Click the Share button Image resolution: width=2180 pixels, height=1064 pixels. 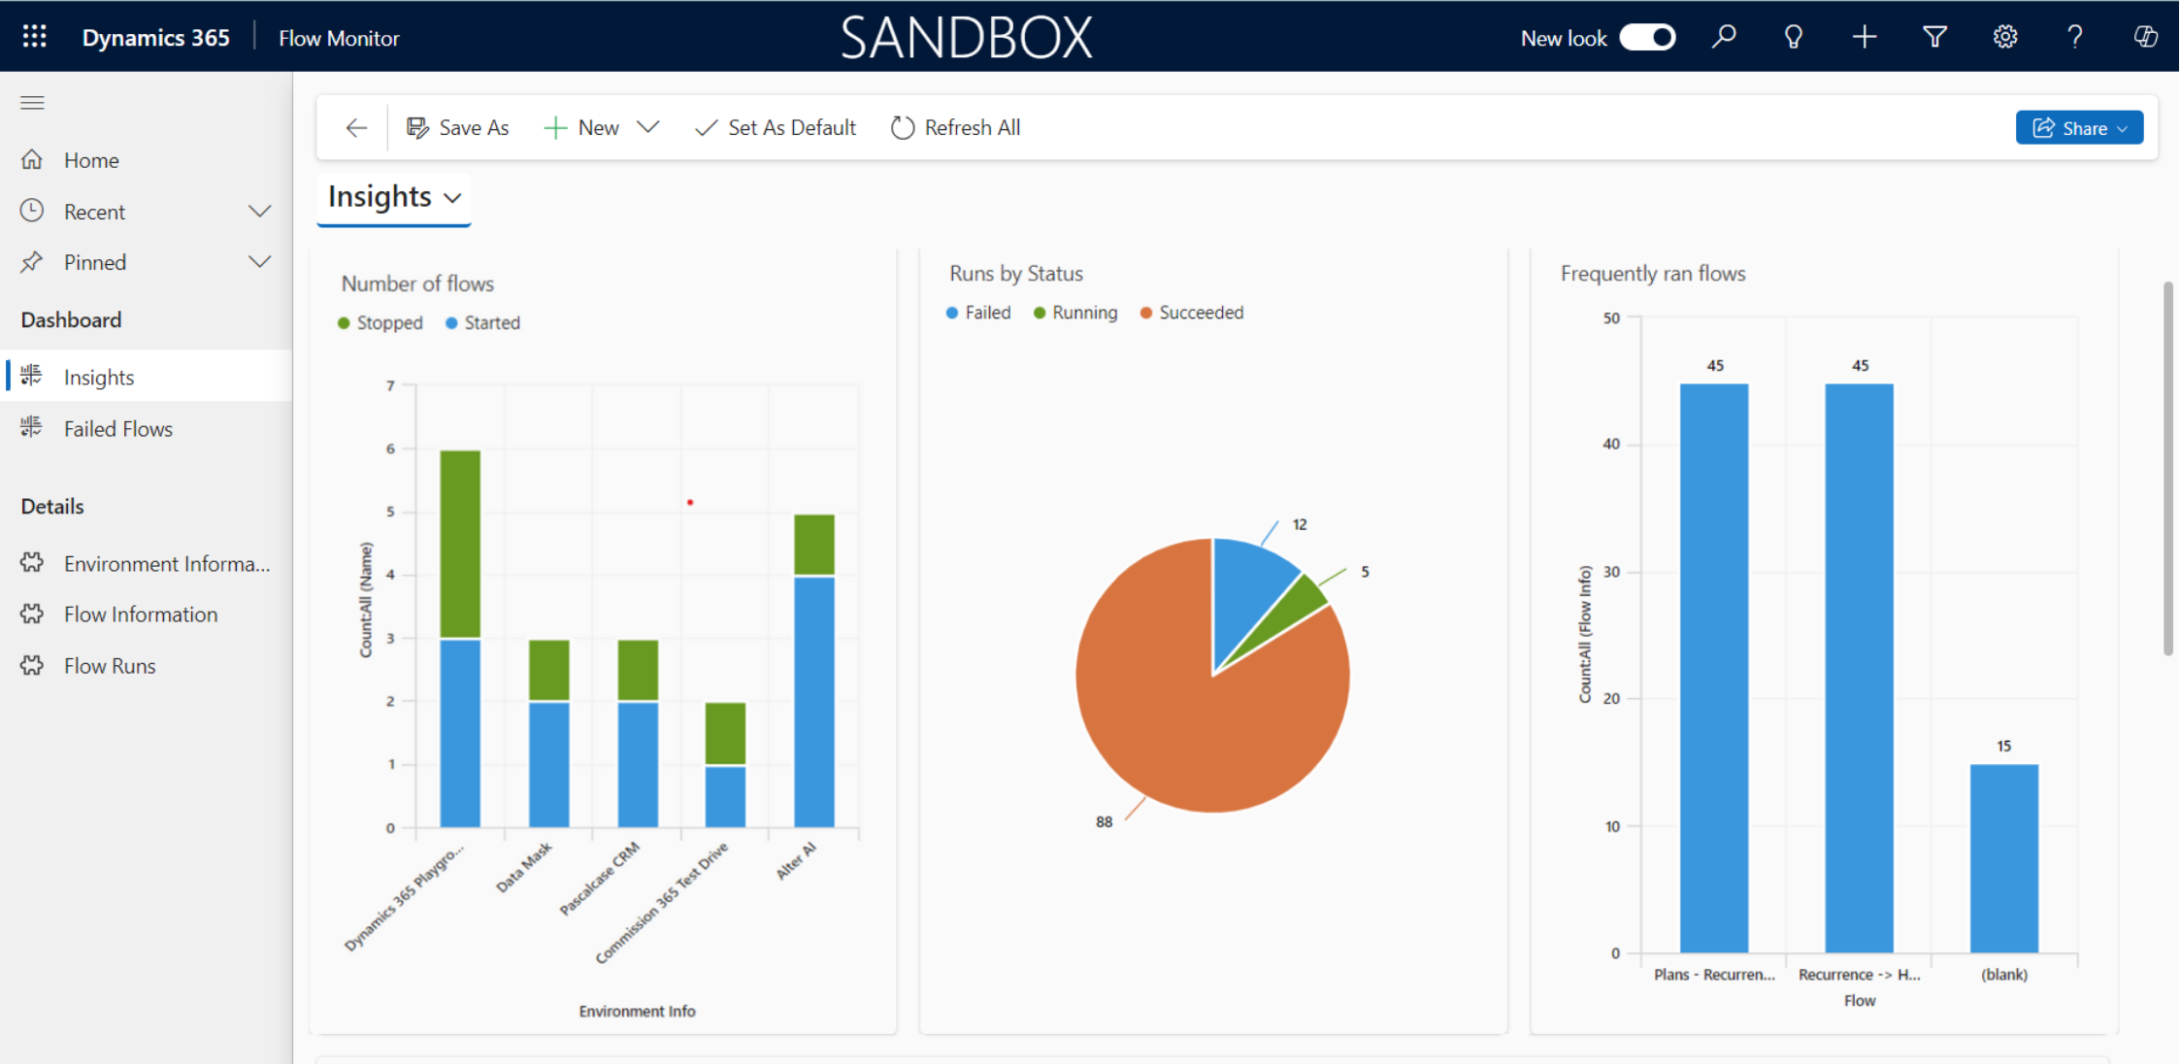pos(2078,128)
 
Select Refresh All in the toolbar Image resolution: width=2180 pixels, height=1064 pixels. pos(956,128)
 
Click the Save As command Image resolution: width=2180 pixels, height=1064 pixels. pos(457,128)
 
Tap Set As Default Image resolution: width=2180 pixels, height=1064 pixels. pos(776,128)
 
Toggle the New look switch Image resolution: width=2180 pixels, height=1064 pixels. pos(1647,38)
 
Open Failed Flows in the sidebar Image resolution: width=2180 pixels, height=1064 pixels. pos(117,429)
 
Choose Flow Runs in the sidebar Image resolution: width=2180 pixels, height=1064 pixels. pos(110,666)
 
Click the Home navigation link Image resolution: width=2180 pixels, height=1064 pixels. pos(91,160)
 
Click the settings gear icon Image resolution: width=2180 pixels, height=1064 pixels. pos(2005,38)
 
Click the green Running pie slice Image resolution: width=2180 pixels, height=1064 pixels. pos(1305,602)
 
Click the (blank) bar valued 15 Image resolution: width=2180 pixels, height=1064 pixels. pos(2003,858)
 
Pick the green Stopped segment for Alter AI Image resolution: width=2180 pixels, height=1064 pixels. pos(813,545)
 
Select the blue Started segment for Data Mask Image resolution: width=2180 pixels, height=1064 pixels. pos(548,764)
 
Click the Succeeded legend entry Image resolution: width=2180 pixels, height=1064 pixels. pos(1201,313)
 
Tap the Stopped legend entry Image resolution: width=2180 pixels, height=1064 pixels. pos(388,323)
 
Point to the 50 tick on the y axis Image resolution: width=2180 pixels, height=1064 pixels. pos(1611,318)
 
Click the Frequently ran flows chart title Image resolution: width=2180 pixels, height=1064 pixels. pos(1652,274)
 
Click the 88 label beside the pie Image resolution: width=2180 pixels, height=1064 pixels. pos(1104,822)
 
